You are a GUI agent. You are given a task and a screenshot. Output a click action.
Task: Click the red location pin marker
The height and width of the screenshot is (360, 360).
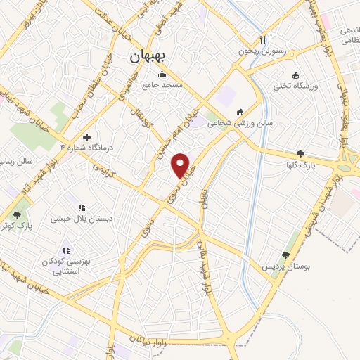point(181,165)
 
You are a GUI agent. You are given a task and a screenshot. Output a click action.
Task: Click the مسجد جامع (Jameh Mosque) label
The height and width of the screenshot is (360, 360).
point(163,85)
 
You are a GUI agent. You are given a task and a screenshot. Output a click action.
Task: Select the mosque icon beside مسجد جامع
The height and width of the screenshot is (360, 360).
point(162,75)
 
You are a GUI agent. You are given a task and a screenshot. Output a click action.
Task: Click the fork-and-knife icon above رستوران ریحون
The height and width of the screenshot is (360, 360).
point(263,40)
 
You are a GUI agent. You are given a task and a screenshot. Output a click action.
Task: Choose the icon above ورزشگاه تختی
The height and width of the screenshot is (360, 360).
point(296,75)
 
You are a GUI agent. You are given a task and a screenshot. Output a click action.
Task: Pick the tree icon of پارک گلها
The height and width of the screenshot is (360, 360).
point(301,153)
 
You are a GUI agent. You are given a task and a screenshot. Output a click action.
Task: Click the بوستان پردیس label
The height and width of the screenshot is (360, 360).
point(286,267)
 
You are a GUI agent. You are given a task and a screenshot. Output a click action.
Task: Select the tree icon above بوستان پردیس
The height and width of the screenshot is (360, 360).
point(285,256)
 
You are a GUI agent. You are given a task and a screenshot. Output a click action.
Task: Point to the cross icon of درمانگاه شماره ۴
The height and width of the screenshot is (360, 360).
point(86,137)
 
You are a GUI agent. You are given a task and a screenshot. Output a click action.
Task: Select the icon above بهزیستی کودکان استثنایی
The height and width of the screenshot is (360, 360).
point(66,250)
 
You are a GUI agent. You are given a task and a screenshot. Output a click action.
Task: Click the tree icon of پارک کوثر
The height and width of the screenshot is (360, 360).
point(18,215)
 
